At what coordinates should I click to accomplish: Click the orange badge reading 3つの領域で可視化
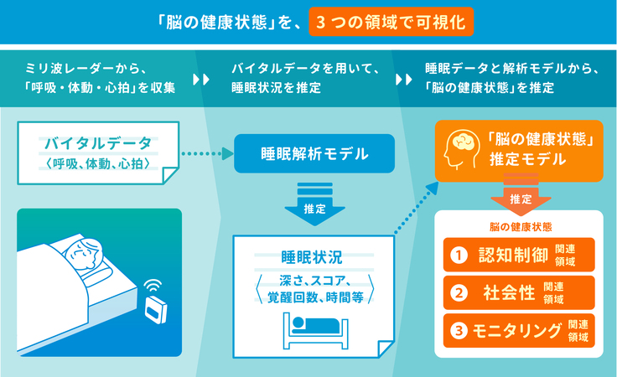(x=391, y=19)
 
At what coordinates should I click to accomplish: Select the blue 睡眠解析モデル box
(x=314, y=153)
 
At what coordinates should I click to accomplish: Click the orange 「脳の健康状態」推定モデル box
(x=519, y=151)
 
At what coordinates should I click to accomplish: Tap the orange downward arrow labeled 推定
(x=520, y=199)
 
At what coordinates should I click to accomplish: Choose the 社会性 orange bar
(x=518, y=292)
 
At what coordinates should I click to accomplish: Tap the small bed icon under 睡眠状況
(x=314, y=328)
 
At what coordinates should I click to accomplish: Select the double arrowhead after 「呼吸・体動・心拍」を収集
(x=200, y=80)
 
